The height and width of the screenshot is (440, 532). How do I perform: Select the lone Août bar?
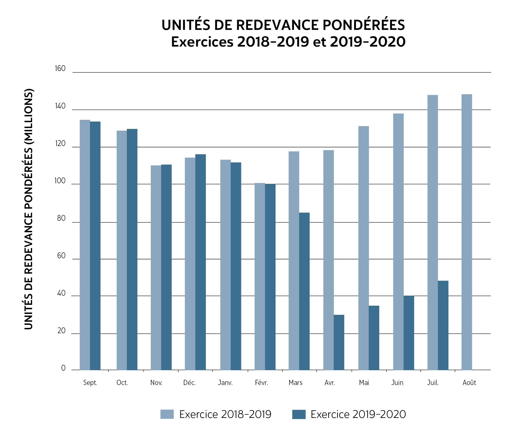(x=467, y=232)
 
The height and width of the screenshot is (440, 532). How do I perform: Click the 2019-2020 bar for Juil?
(x=443, y=325)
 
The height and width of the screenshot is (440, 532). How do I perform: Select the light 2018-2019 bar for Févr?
(x=260, y=276)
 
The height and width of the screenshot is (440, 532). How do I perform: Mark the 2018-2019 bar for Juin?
(x=398, y=242)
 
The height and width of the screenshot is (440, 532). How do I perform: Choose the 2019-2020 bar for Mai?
(x=374, y=338)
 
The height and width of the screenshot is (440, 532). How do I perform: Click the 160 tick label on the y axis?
(x=60, y=68)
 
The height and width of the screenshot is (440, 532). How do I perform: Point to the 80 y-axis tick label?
(x=61, y=218)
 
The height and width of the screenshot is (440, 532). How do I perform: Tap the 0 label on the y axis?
(x=63, y=368)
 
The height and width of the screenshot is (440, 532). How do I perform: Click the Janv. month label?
(x=225, y=383)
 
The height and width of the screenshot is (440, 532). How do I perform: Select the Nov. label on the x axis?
(x=156, y=383)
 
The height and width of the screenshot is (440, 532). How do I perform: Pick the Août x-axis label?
(x=469, y=382)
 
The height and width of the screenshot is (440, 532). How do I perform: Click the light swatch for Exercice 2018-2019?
(x=167, y=414)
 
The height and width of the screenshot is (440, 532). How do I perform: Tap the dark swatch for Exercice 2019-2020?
(x=299, y=414)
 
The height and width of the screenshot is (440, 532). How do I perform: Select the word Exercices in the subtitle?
(x=202, y=42)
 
